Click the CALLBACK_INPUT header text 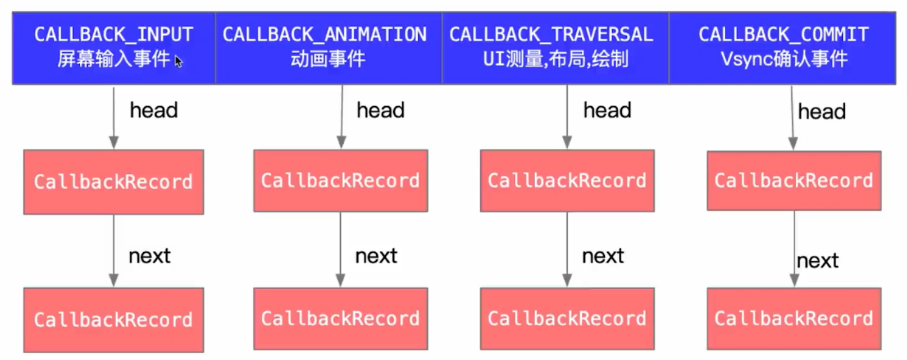coord(113,35)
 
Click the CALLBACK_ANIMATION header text coord(325,35)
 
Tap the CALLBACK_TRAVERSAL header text coord(551,35)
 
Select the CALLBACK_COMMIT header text coord(783,35)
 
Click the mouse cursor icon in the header coord(179,61)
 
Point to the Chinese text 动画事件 coord(327,58)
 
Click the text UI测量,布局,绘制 coord(555,58)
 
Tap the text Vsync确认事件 coord(784,58)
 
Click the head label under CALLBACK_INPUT coord(153,110)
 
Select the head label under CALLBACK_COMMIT coord(822,112)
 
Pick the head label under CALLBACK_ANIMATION coord(380,110)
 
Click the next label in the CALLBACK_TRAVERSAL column coord(603,256)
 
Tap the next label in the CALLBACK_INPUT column coord(149,256)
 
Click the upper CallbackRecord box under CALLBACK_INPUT coord(113,181)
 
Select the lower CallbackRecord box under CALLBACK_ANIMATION coord(340,318)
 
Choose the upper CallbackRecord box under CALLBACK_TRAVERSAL coord(567,180)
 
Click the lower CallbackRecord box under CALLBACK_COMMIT coord(794,318)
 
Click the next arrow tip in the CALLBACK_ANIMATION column coord(340,282)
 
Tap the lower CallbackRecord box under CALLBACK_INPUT coord(113,320)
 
